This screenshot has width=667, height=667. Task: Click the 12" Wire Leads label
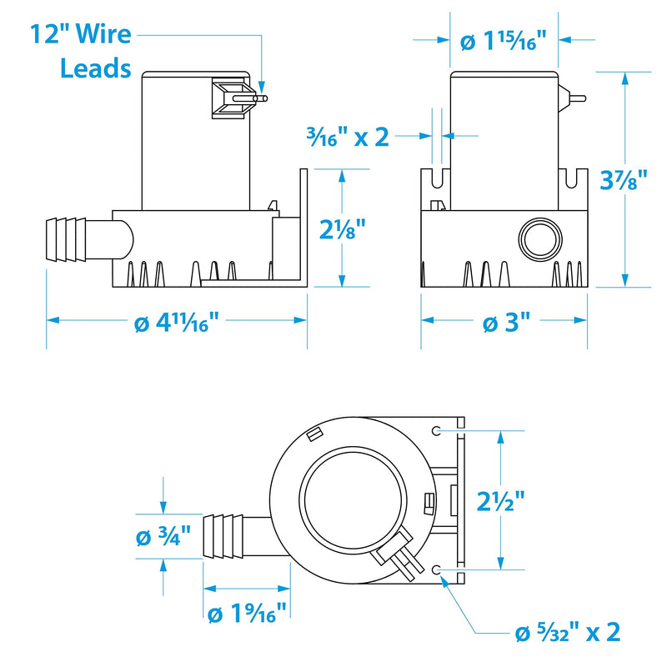(x=81, y=51)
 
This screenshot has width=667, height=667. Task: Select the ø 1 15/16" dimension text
(x=504, y=41)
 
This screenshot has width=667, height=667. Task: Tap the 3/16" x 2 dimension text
(x=348, y=137)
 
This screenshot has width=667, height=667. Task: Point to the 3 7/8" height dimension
(x=624, y=180)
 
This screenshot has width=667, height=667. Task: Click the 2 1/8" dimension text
(x=343, y=229)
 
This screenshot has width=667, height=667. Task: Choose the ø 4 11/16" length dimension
(x=177, y=321)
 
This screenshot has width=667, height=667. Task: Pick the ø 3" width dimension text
(x=507, y=322)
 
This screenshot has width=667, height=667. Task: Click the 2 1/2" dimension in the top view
(x=501, y=501)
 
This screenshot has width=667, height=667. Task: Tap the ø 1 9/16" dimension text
(x=247, y=613)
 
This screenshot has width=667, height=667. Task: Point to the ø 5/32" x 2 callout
(x=568, y=633)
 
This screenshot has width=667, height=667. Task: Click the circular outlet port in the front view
(x=540, y=238)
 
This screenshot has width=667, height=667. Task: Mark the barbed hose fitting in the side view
(x=67, y=240)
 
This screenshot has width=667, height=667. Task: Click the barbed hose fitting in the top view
(x=223, y=536)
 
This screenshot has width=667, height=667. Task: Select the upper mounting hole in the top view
(x=436, y=430)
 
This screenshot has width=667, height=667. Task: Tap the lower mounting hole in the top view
(x=436, y=569)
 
